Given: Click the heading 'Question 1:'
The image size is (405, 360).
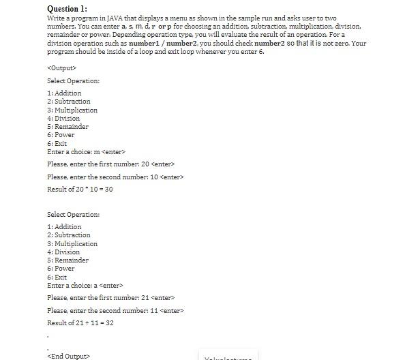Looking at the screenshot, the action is click(67, 8).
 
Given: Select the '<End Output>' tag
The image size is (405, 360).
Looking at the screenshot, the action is click(68, 356).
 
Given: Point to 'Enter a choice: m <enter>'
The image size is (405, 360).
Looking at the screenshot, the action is click(86, 151).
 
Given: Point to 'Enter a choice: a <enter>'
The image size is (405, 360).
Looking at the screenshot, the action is click(85, 285).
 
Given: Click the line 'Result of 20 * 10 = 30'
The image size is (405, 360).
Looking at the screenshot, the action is click(80, 189).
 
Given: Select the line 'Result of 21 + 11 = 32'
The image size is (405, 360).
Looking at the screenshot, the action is click(80, 322).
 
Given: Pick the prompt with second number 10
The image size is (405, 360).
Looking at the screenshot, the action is click(115, 177).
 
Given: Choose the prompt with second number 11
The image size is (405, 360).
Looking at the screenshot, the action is click(115, 310).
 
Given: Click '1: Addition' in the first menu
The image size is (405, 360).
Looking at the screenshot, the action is click(64, 93).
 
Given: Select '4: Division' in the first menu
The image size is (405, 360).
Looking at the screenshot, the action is click(63, 118).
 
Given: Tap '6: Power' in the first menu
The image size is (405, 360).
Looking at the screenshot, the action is click(61, 135).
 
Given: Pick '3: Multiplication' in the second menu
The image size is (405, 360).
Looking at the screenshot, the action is click(72, 243).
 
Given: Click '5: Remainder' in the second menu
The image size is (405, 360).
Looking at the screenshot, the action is click(67, 260).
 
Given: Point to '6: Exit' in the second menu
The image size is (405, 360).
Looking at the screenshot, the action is click(57, 277).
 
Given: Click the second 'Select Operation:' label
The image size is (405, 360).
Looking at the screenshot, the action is click(73, 214).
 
